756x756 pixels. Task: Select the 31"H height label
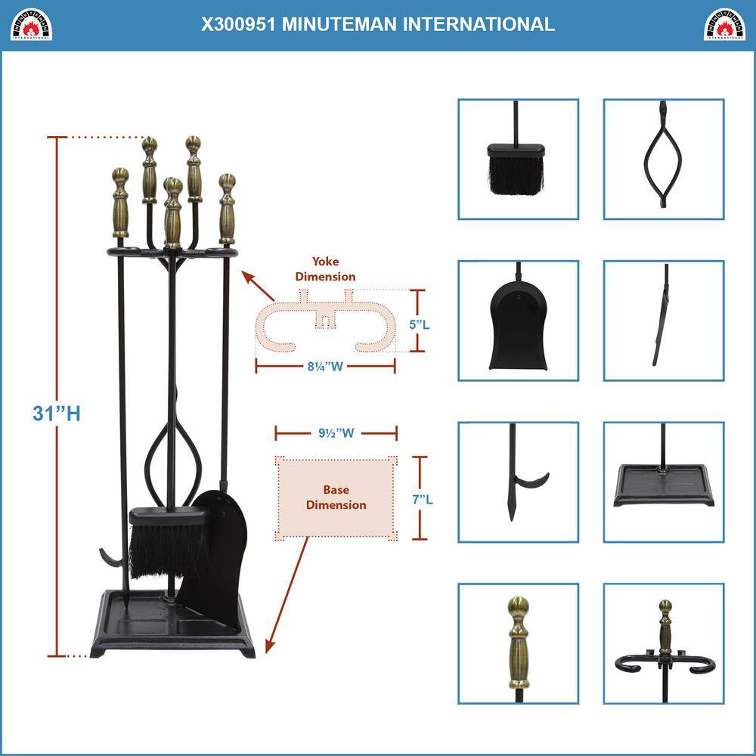tap(57, 414)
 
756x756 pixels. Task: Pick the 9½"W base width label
tap(336, 434)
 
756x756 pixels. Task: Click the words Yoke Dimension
tap(325, 270)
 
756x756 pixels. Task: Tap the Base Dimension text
tap(336, 497)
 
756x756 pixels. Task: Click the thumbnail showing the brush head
tap(518, 160)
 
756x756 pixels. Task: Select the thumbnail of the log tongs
tap(663, 160)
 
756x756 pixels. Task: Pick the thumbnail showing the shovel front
tap(518, 321)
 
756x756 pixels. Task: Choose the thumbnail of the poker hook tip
tap(518, 482)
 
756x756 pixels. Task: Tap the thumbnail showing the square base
tap(663, 482)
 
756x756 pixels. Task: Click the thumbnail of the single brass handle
tap(518, 643)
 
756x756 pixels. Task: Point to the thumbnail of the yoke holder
tap(663, 643)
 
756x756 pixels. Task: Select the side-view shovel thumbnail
tap(663, 321)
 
